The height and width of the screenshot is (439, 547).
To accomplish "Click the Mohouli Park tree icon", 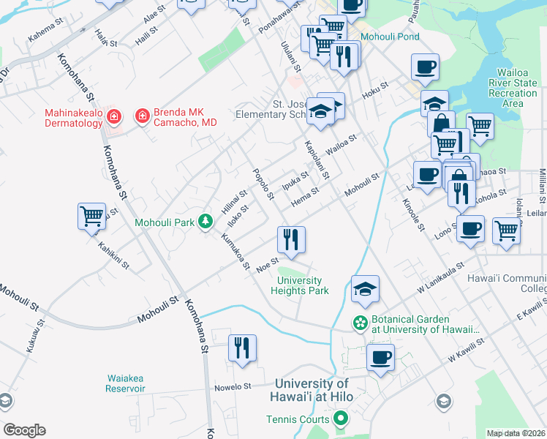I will (207, 221).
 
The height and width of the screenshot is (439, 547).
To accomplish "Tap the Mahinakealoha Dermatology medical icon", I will (113, 116).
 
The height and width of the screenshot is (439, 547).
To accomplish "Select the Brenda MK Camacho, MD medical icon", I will (141, 116).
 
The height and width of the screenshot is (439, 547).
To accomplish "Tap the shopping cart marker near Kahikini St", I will (91, 217).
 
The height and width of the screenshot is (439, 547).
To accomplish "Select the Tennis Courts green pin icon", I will (340, 419).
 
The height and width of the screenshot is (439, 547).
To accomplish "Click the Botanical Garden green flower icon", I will (360, 321).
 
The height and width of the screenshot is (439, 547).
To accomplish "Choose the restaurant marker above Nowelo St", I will (242, 348).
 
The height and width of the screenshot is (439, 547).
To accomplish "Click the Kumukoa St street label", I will (235, 250).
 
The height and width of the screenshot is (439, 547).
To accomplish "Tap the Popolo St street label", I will (262, 184).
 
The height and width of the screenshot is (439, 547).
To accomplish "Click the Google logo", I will (24, 430).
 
